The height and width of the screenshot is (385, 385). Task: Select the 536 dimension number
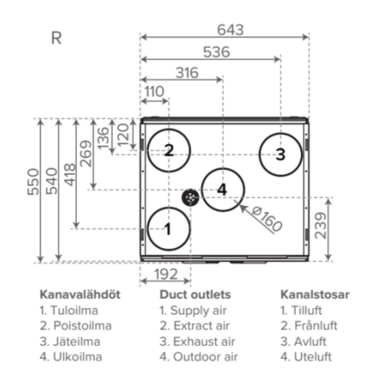tap(216, 52)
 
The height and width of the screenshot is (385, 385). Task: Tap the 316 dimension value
tap(187, 73)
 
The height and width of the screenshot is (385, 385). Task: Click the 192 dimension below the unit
tap(165, 274)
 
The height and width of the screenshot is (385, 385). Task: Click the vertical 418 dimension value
tap(70, 174)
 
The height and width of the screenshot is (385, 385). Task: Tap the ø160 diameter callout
tap(267, 220)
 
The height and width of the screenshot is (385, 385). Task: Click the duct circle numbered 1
tap(168, 229)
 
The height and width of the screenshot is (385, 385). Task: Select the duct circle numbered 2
tap(169, 150)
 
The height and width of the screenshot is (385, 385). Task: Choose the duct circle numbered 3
tap(280, 154)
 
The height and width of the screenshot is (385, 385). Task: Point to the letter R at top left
tap(56, 38)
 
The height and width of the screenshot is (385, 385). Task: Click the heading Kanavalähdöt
tap(80, 295)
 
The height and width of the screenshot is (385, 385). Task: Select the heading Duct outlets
tap(195, 295)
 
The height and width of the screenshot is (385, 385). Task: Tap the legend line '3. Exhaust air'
tap(197, 341)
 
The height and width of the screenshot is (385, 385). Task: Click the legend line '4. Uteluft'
tap(306, 356)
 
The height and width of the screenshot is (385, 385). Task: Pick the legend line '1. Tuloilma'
tap(69, 311)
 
